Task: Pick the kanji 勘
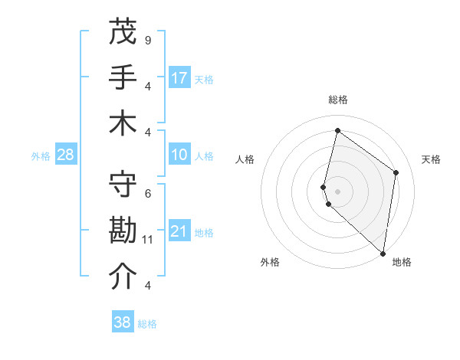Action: point(123,231)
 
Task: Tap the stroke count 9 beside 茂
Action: point(148,40)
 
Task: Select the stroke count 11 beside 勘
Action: point(148,240)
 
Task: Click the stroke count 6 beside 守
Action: point(148,193)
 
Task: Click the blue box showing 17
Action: point(179,78)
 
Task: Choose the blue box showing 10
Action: point(179,155)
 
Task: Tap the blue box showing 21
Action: point(179,232)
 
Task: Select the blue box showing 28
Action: point(66,155)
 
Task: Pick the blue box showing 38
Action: point(123,322)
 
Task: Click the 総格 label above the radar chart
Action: point(337,100)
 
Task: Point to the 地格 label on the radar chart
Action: point(402,262)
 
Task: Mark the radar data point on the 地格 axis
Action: point(383,254)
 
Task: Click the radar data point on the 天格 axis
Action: point(396,172)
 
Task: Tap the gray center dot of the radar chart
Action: point(337,191)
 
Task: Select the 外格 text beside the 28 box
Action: point(41,156)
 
